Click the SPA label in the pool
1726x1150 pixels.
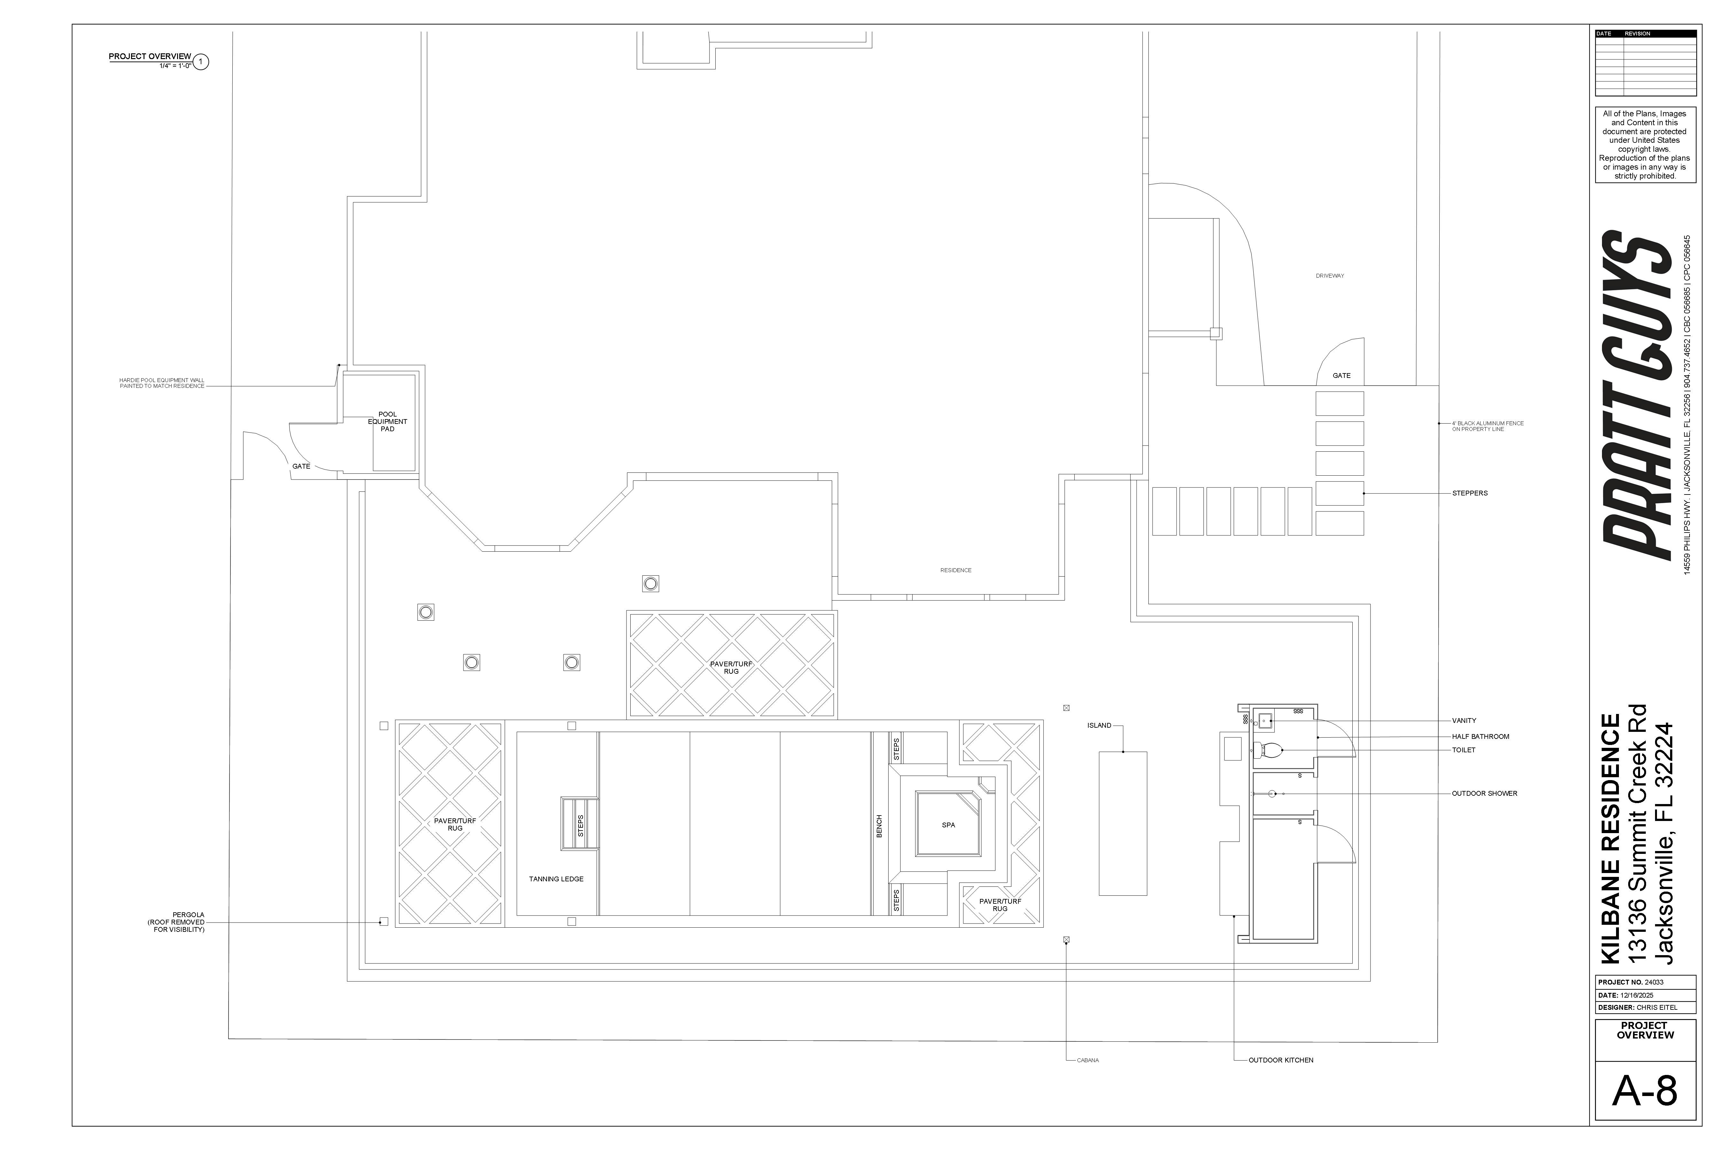[948, 825]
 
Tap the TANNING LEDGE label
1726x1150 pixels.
[556, 879]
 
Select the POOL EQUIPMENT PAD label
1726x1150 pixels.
[387, 422]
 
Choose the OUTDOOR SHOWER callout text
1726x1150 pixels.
[1484, 793]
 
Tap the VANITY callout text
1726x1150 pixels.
[1464, 721]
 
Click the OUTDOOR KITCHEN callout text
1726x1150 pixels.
[1280, 1061]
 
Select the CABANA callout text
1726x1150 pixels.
[1088, 1061]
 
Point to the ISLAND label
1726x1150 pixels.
[1099, 725]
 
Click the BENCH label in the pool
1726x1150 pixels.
[879, 826]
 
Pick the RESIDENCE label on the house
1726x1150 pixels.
[955, 570]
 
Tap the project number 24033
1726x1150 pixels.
[1654, 982]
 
